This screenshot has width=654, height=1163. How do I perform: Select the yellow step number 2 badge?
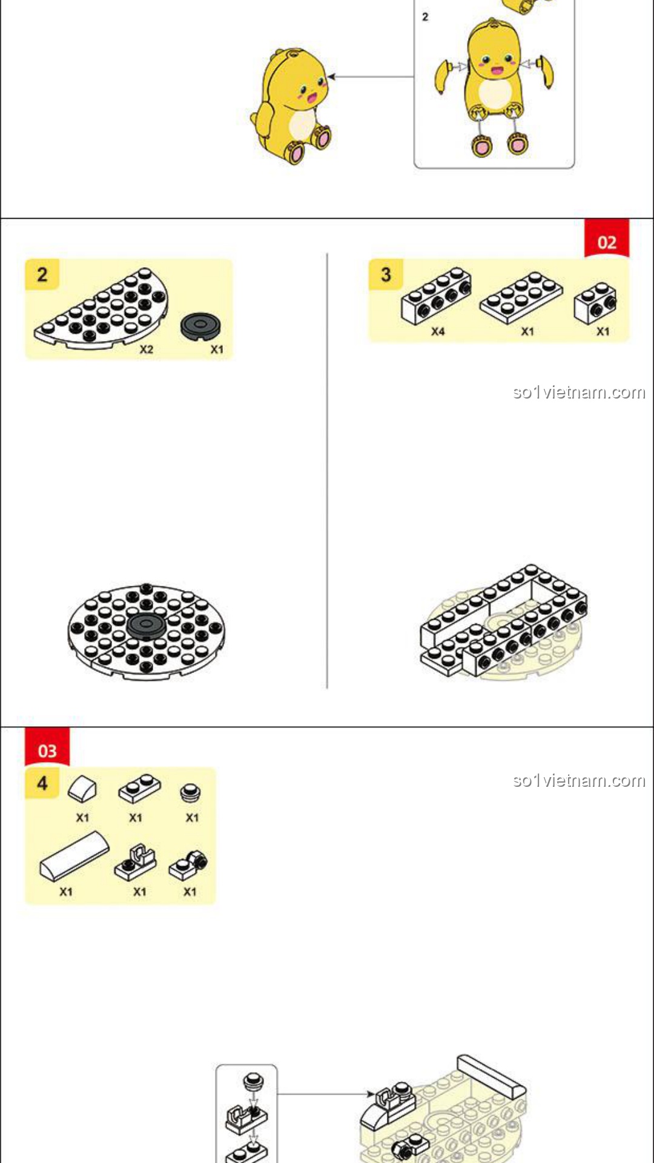coord(42,274)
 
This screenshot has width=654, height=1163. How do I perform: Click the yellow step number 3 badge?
coord(386,274)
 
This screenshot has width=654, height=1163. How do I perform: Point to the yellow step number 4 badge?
coord(42,783)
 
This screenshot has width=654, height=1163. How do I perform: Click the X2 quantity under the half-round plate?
coord(147,350)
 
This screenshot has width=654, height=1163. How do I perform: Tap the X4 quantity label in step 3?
coord(438,331)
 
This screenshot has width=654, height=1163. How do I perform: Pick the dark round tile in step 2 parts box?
coord(200,326)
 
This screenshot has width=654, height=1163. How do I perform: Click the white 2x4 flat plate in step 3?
coord(521,297)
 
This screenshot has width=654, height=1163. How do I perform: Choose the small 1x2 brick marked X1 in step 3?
coord(595,302)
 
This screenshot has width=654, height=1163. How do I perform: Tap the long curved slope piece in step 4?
coord(74,855)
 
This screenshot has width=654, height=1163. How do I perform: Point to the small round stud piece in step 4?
coord(191,792)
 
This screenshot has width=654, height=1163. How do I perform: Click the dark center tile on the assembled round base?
coord(145,625)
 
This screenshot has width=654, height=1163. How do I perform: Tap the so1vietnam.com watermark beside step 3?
coord(579,393)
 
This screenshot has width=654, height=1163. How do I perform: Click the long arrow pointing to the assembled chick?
coord(371,77)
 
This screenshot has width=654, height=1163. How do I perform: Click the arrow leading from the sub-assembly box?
coord(326,1094)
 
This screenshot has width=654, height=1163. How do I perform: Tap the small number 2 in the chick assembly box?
coord(425,17)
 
